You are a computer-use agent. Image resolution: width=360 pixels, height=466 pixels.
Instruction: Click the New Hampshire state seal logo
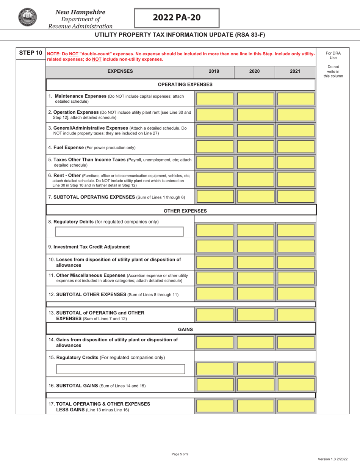click(x=27, y=17)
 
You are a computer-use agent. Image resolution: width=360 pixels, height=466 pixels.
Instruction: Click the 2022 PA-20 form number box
click(x=177, y=18)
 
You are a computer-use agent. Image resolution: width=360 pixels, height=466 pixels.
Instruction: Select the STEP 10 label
click(x=30, y=53)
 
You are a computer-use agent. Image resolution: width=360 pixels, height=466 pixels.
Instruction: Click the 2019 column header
click(x=214, y=71)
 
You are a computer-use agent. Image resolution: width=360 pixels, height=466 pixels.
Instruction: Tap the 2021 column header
click(x=295, y=71)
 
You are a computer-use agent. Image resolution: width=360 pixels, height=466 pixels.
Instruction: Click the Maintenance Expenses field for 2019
click(x=215, y=99)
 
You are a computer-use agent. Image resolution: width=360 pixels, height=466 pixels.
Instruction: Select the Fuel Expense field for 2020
click(x=255, y=147)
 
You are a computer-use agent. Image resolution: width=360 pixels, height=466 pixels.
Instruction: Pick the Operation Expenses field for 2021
click(x=296, y=115)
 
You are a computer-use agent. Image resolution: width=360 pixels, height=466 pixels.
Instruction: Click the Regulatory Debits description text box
click(x=119, y=231)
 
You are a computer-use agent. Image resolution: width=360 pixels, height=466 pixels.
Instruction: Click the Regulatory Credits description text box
click(x=121, y=369)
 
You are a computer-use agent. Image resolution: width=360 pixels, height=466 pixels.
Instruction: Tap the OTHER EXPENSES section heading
click(x=185, y=211)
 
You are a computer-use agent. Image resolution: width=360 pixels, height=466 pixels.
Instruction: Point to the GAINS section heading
click(x=185, y=329)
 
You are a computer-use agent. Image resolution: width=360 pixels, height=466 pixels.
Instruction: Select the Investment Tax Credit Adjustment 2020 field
click(x=255, y=246)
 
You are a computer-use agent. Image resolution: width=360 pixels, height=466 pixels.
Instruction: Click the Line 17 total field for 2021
click(x=296, y=406)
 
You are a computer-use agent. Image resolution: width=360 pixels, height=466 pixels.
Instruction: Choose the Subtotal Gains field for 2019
click(x=215, y=385)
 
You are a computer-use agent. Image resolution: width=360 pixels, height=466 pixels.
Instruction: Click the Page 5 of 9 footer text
click(x=180, y=454)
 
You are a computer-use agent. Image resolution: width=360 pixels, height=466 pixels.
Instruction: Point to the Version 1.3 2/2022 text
click(x=332, y=459)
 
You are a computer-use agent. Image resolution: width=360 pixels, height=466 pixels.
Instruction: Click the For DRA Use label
click(x=333, y=55)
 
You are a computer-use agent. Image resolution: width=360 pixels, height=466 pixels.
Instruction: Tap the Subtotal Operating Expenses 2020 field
click(x=255, y=197)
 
